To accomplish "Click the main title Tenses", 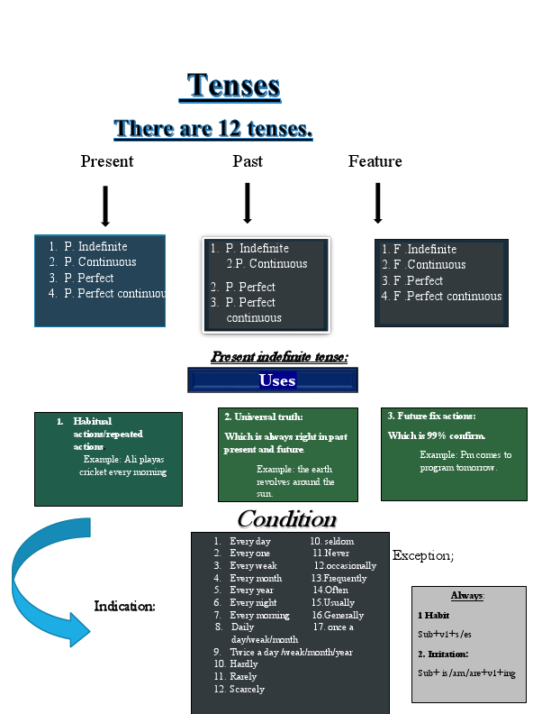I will (234, 87).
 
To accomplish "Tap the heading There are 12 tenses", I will (213, 129).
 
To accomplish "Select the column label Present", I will (106, 161).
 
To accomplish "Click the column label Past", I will (248, 161).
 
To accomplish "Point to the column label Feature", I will (375, 161).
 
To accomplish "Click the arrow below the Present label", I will (105, 206).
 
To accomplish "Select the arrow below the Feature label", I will (378, 203).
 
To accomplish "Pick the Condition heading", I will (286, 519).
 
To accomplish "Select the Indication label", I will (125, 607).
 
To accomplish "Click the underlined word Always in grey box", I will (467, 596).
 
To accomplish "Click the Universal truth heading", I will (264, 416).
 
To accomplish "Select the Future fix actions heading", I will (431, 416).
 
